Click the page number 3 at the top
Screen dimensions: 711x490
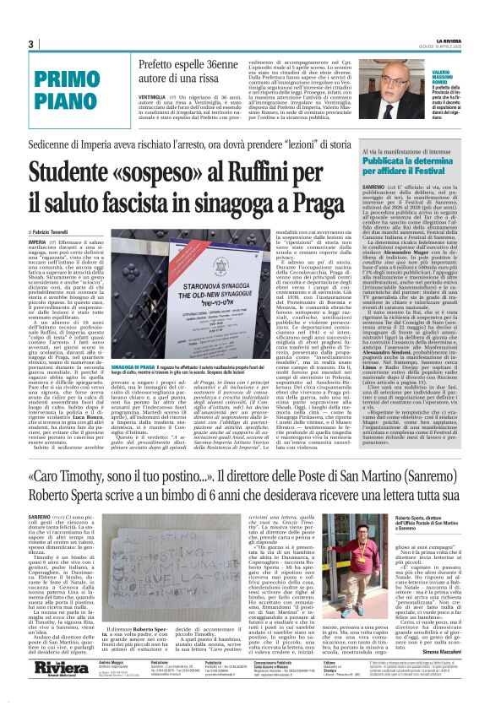(30, 45)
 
